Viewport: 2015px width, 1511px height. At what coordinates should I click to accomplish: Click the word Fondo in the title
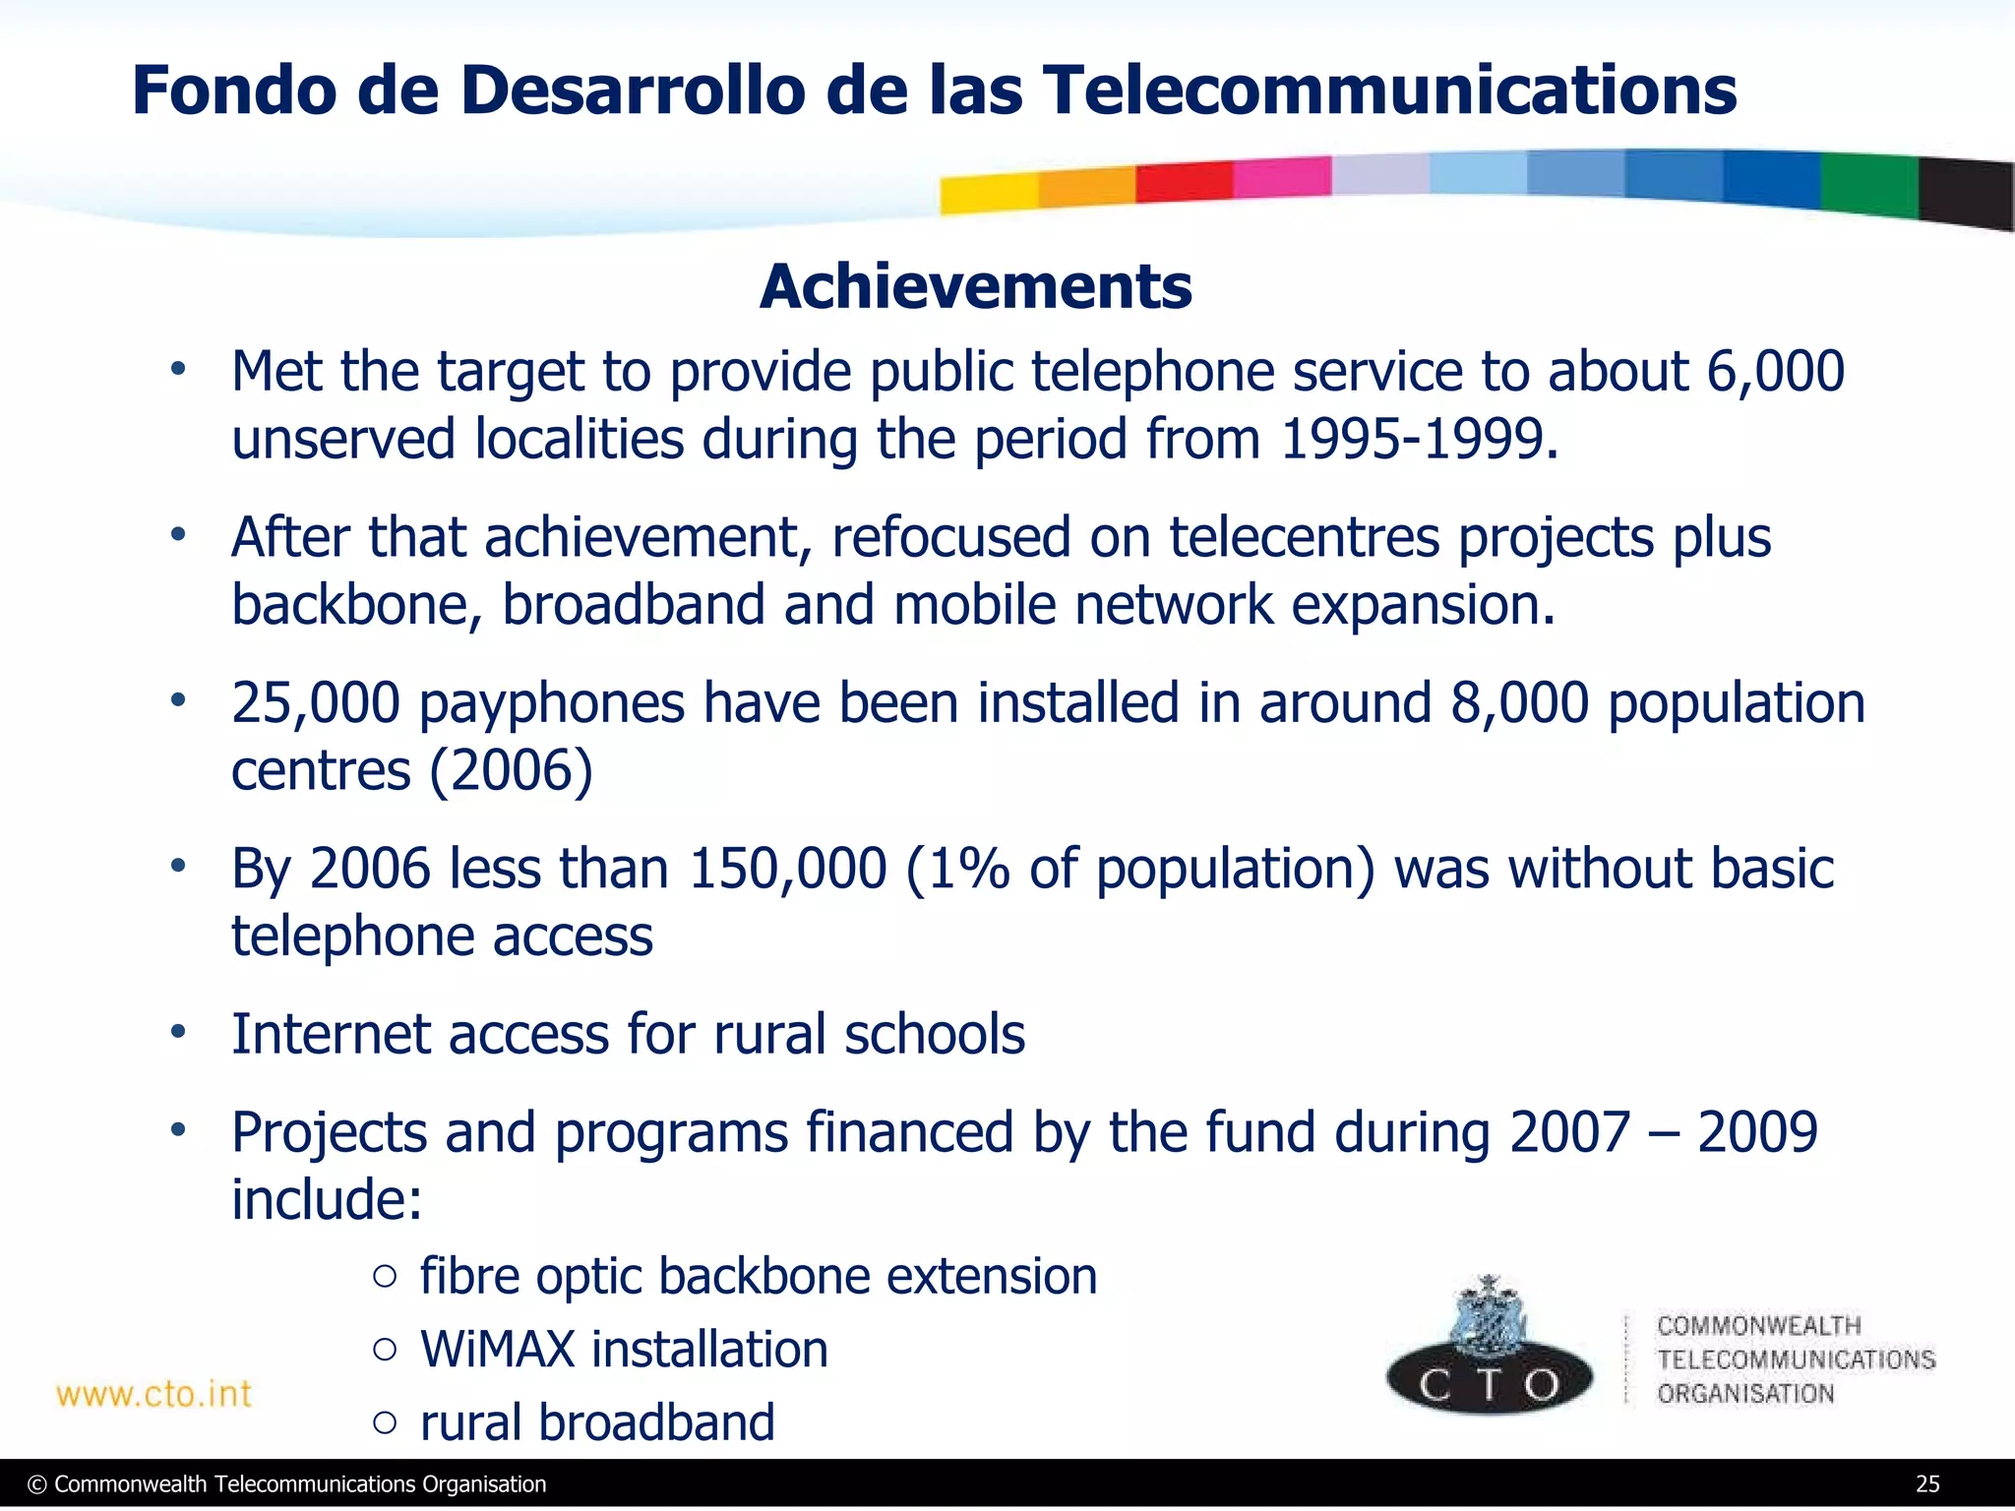(234, 91)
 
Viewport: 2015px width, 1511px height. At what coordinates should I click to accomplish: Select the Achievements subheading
(975, 287)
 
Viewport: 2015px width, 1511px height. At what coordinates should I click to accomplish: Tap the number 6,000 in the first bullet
(1775, 372)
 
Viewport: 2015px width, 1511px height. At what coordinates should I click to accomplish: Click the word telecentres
(1304, 538)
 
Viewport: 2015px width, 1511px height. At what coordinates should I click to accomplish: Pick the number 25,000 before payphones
(315, 703)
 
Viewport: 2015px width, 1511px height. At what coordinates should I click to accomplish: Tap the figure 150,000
(787, 869)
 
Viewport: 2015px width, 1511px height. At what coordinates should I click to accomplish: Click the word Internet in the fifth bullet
(331, 1035)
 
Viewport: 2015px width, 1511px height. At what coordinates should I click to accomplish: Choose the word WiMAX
(497, 1349)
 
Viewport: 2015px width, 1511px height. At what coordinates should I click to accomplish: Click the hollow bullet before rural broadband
(386, 1422)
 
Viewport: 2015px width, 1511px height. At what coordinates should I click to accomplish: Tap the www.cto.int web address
(154, 1394)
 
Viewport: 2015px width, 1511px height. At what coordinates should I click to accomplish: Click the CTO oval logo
(1489, 1382)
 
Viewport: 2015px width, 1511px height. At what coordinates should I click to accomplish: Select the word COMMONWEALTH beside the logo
(1758, 1326)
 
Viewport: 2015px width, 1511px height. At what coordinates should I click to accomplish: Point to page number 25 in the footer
(1927, 1484)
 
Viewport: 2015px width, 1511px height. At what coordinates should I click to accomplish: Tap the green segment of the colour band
(1868, 184)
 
